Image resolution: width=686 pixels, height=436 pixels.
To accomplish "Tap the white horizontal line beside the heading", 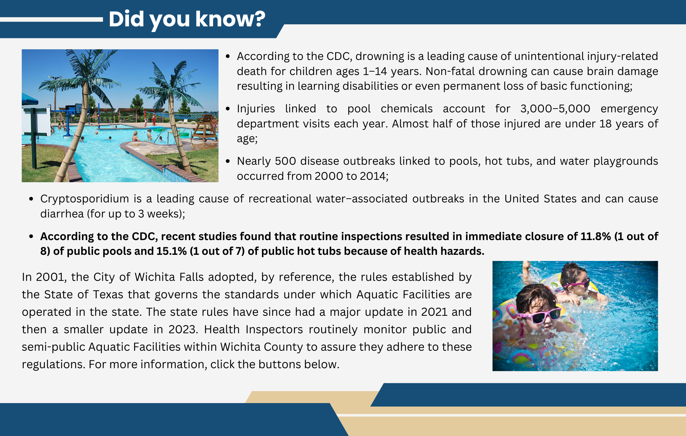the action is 51,20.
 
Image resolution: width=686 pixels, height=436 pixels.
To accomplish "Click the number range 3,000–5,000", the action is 555,109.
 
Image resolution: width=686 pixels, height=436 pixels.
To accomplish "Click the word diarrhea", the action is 62,214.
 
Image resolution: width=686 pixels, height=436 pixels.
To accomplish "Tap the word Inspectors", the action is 274,329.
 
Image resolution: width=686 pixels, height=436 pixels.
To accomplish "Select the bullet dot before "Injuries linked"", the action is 228,109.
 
